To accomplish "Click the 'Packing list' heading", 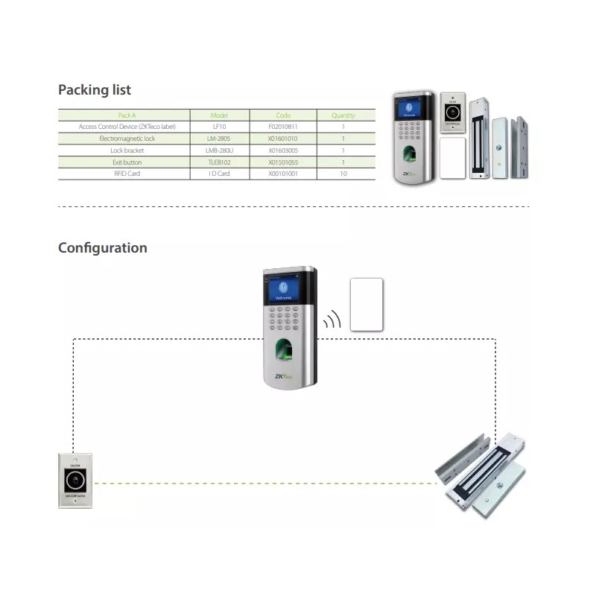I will pos(95,90).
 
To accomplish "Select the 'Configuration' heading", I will pos(103,248).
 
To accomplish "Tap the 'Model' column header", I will pos(219,115).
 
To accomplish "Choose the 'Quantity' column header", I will pos(343,115).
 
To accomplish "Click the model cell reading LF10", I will pos(219,127).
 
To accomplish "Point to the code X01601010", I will pos(283,139).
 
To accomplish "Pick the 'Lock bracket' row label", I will pos(127,150).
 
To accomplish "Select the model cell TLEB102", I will pos(219,162).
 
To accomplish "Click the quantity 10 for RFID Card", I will pos(343,174).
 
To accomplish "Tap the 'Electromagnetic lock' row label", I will pos(127,139).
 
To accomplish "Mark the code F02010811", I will pos(283,127).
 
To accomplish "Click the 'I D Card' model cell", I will pos(219,174).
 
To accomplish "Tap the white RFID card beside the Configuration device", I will pos(367,304).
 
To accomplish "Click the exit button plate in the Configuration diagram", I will pos(75,481).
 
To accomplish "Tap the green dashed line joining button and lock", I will pos(261,484).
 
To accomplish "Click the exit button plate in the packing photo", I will pos(453,112).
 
